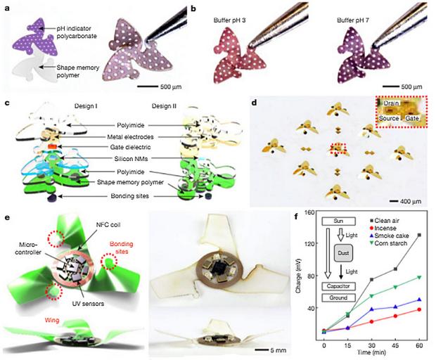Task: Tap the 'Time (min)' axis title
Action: click(372, 353)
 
